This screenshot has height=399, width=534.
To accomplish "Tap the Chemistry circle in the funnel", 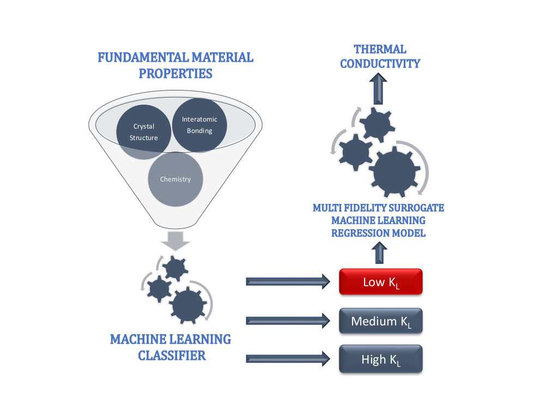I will (175, 179).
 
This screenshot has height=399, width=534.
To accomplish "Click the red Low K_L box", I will (381, 282).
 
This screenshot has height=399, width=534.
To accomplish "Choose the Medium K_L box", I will (381, 321).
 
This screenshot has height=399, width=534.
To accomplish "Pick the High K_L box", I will (381, 359).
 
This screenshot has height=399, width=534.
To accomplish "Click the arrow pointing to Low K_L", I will (288, 281).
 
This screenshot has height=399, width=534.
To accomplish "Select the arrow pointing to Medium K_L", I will (288, 321).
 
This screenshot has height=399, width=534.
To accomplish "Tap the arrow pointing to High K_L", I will (288, 359).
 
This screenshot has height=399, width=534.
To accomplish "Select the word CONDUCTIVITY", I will (380, 63).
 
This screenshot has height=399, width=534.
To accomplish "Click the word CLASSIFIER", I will (171, 355).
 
